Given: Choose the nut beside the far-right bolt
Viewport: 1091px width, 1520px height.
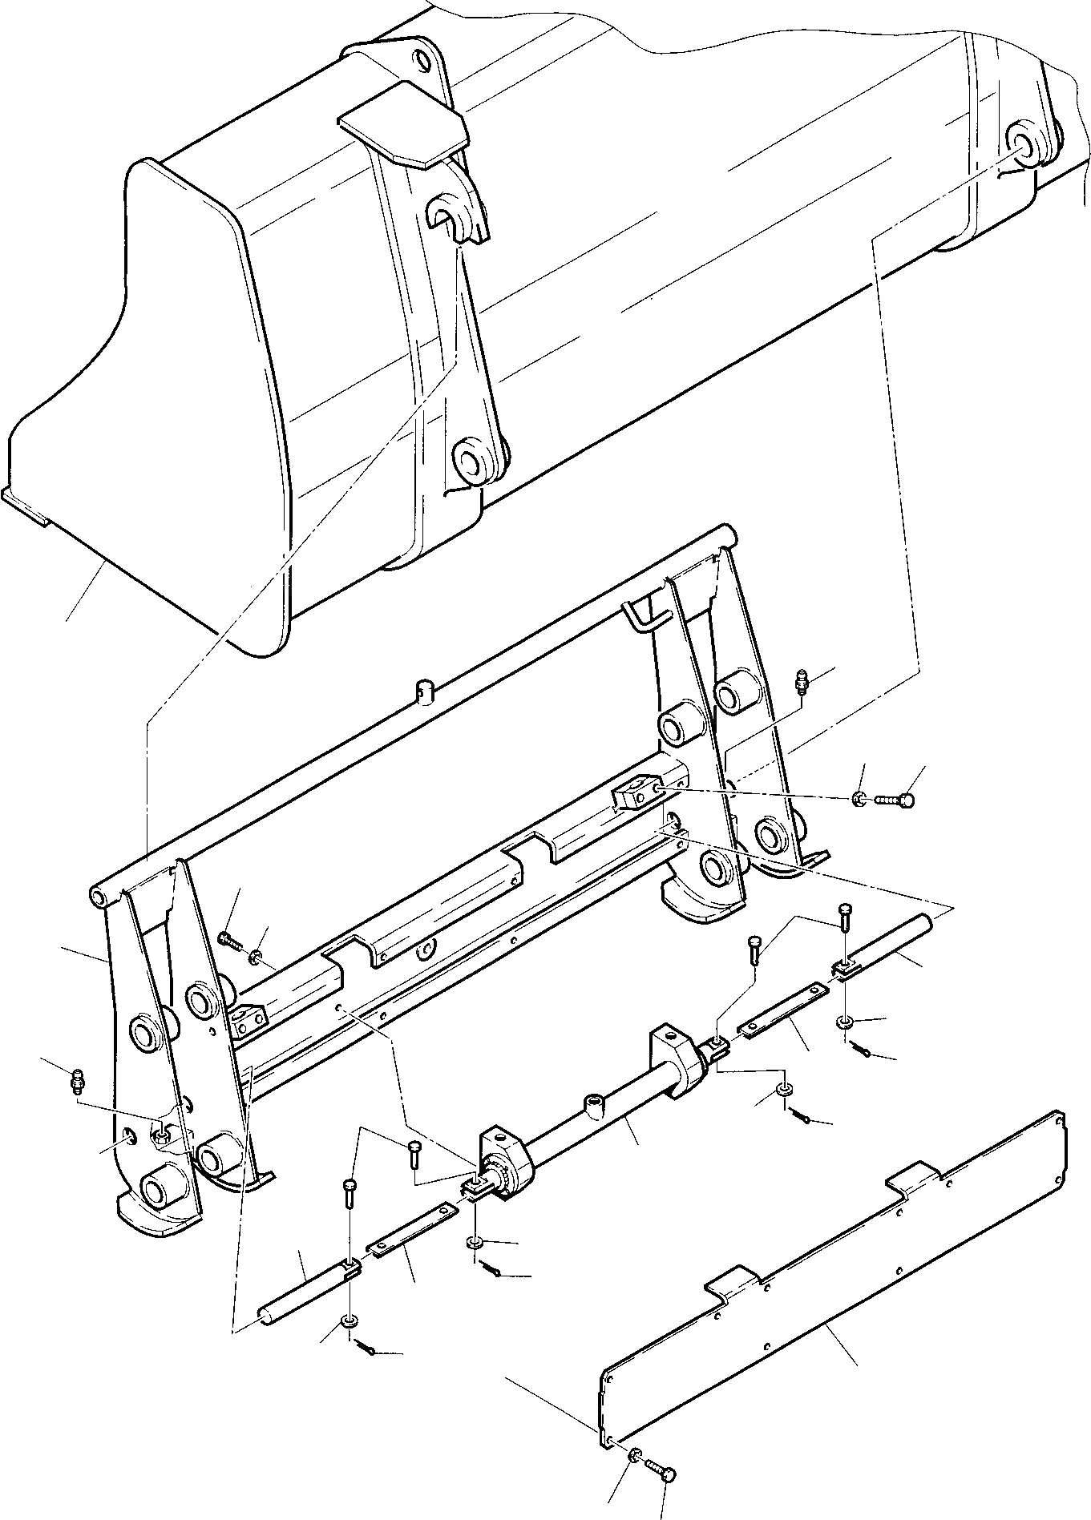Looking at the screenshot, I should pos(859,798).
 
